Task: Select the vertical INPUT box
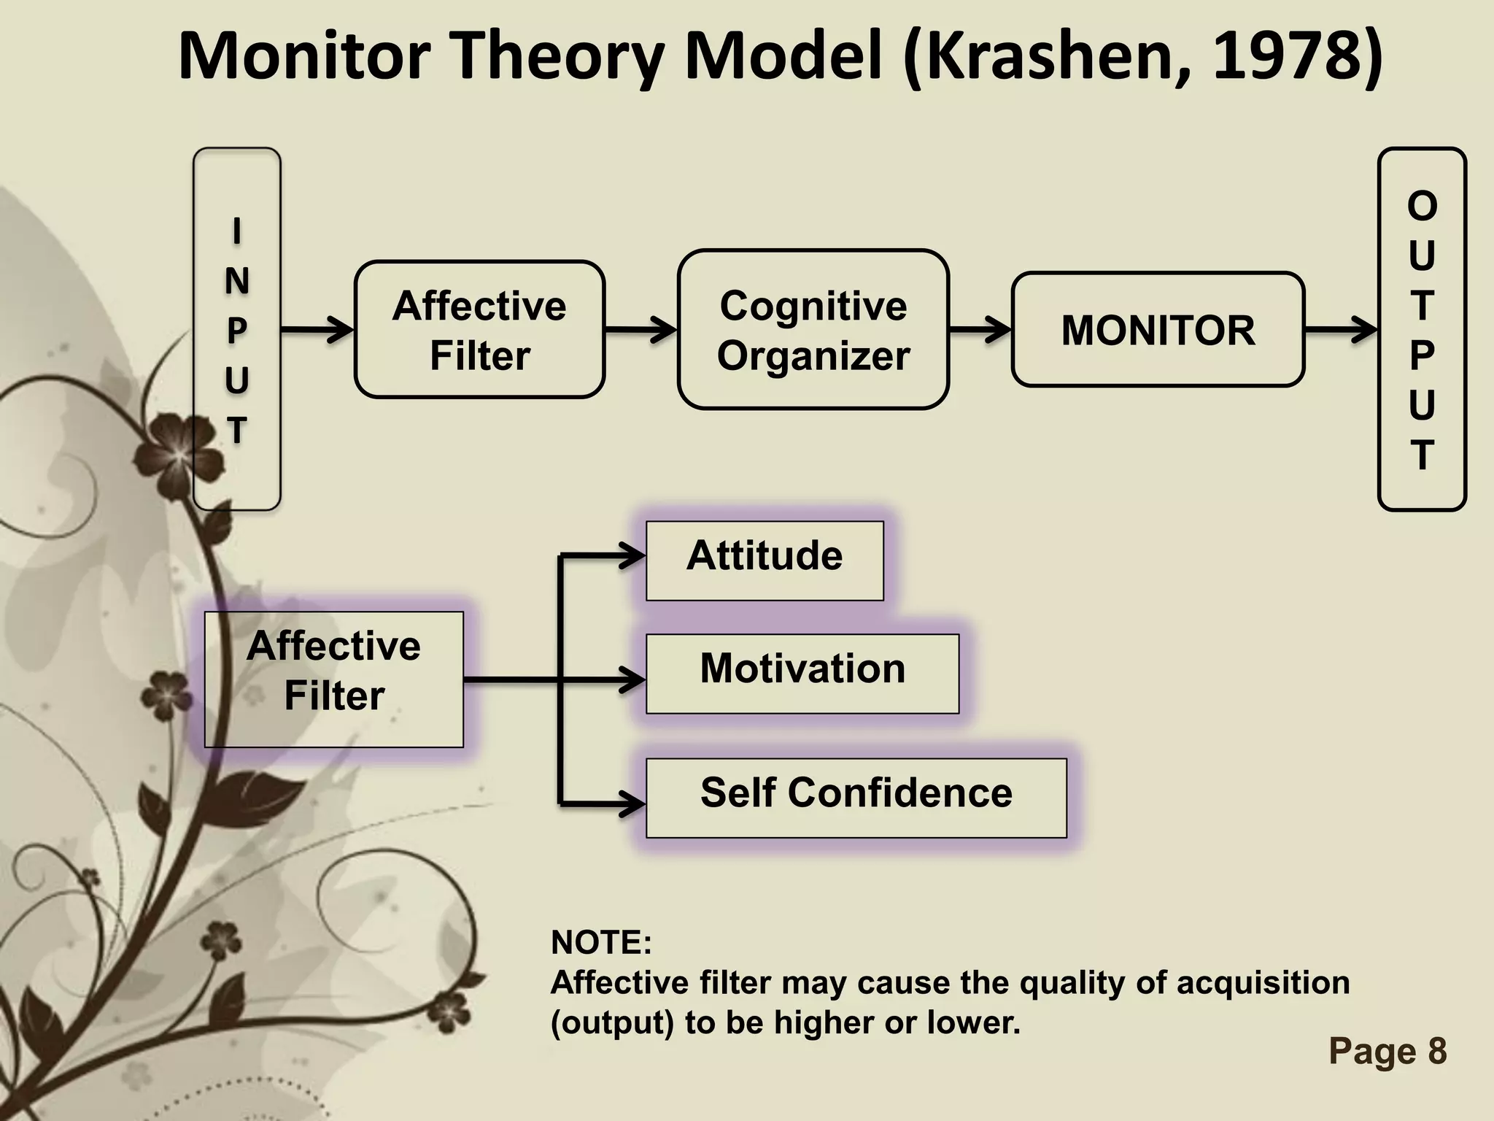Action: pyautogui.click(x=236, y=328)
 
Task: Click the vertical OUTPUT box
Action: pyautogui.click(x=1421, y=328)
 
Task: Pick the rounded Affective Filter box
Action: pyautogui.click(x=479, y=330)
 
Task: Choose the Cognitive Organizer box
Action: pyautogui.click(x=813, y=330)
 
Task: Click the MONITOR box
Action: pyautogui.click(x=1158, y=330)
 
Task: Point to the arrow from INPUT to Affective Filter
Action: pyautogui.click(x=317, y=330)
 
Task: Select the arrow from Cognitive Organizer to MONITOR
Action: pyautogui.click(x=980, y=330)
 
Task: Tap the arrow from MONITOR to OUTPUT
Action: pyautogui.click(x=1340, y=330)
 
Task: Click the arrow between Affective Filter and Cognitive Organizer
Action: pyautogui.click(x=640, y=330)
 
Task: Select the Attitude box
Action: pyautogui.click(x=765, y=560)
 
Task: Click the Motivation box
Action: pyautogui.click(x=802, y=674)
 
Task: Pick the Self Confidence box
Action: pyautogui.click(x=856, y=798)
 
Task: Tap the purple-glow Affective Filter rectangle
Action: pyautogui.click(x=334, y=679)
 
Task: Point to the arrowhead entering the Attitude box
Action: pyautogui.click(x=632, y=557)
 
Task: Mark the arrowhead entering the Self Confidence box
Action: pyautogui.click(x=632, y=804)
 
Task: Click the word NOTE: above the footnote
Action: pyautogui.click(x=601, y=942)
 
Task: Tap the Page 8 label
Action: pyautogui.click(x=1387, y=1052)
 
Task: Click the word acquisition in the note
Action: pyautogui.click(x=1263, y=982)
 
